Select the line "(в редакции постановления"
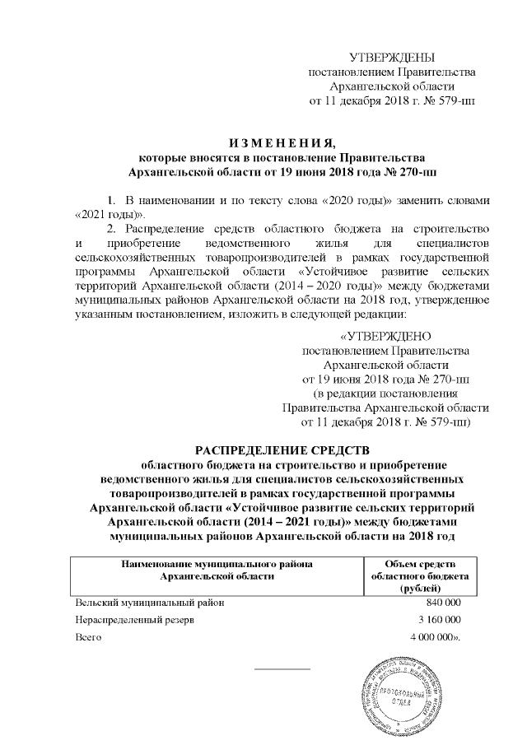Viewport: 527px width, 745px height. (385, 392)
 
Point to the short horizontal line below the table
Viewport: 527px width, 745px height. (282, 668)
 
